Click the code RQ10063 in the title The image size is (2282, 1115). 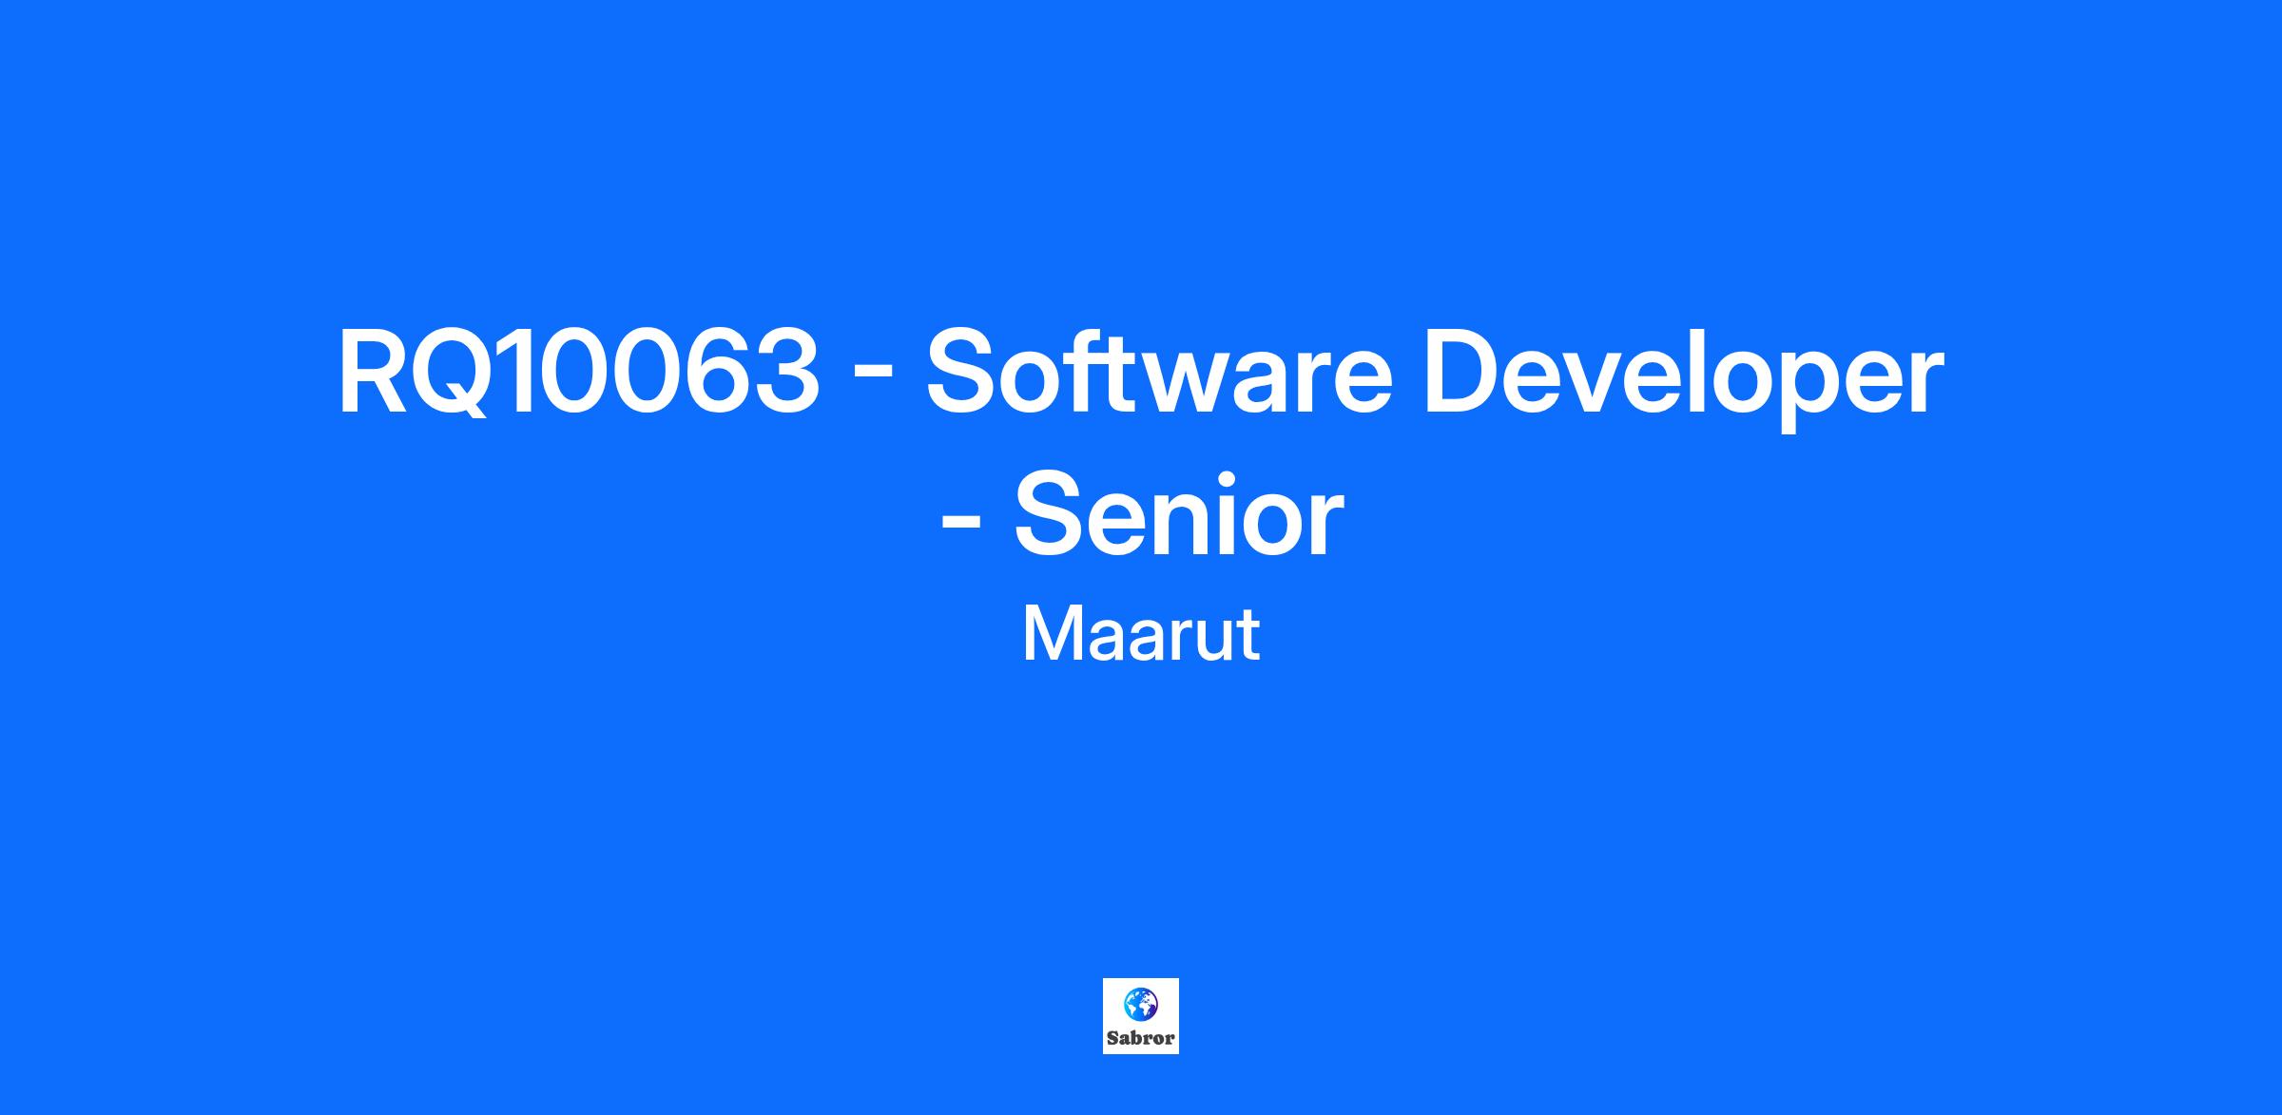(x=578, y=373)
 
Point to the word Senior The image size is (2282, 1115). (x=1178, y=515)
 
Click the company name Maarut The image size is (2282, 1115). (x=1141, y=634)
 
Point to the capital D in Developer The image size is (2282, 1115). (x=1462, y=373)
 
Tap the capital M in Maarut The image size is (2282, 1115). (x=1053, y=634)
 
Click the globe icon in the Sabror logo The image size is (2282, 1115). (x=1140, y=1002)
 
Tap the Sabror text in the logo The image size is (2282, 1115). (x=1141, y=1037)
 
